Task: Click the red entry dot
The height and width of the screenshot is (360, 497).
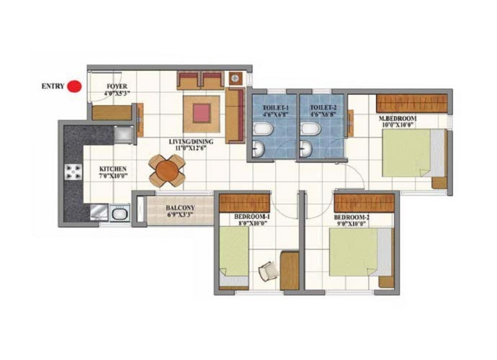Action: (75, 86)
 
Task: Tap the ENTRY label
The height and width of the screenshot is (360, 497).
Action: (53, 86)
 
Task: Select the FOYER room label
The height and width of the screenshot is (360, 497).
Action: (117, 86)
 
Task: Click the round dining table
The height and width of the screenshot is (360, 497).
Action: (167, 171)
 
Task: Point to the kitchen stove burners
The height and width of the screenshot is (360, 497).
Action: (73, 172)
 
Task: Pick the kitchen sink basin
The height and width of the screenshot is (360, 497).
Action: (120, 213)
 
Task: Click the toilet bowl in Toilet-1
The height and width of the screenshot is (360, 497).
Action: (263, 130)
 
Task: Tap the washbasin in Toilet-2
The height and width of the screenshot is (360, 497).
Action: (306, 148)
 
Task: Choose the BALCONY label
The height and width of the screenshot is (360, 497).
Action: (180, 208)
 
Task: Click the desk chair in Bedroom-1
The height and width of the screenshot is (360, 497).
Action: (268, 271)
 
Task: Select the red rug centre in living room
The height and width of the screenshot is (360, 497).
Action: (201, 114)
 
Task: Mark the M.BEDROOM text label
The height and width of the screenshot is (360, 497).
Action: (398, 119)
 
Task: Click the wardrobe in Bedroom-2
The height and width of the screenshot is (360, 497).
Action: (364, 203)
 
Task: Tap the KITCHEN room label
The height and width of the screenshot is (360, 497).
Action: (113, 169)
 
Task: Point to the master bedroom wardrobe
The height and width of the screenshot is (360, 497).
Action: (412, 103)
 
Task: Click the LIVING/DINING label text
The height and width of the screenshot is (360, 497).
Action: (191, 142)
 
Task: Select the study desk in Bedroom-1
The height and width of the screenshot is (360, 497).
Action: (290, 270)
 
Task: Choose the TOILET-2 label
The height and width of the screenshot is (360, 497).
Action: (323, 108)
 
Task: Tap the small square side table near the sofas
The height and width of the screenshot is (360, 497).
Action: (236, 78)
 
